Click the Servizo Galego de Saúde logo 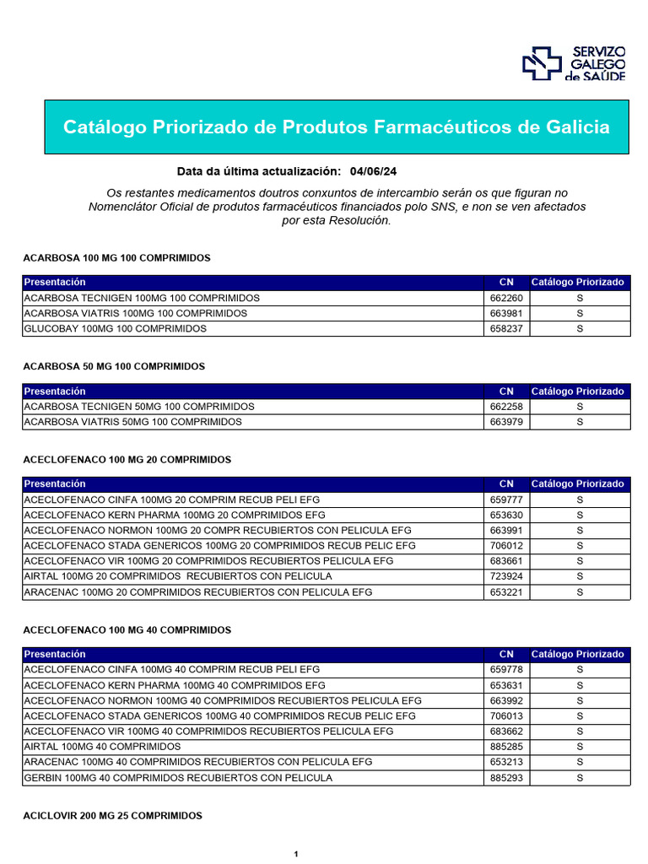point(573,63)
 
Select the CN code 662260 point(506,298)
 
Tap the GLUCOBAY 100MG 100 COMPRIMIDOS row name point(115,329)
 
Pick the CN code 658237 point(506,329)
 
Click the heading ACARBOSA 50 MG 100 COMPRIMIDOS point(114,367)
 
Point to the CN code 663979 point(506,422)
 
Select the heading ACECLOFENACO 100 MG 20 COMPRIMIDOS point(127,460)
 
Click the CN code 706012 point(506,546)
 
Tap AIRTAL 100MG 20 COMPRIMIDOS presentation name point(178,576)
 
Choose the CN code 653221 point(506,592)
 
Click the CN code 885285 point(506,747)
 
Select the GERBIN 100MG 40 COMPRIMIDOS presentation point(178,778)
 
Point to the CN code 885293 point(506,778)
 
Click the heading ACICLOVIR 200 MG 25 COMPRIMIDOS point(112,816)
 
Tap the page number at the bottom point(296,855)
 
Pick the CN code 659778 point(506,669)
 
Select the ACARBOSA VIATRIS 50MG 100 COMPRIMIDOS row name point(132,422)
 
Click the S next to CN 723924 point(580,576)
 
